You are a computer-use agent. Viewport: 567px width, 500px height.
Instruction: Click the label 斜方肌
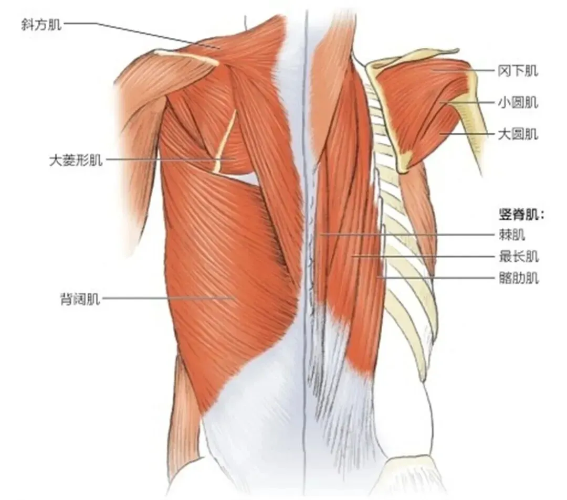[41, 24]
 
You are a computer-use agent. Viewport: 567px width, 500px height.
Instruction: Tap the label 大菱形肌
[76, 160]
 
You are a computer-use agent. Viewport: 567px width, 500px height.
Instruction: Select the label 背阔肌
[79, 300]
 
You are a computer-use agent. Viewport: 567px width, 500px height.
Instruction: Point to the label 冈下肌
[518, 71]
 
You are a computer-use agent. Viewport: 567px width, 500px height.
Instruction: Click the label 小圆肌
[518, 103]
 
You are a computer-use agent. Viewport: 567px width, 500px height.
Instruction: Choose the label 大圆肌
[518, 135]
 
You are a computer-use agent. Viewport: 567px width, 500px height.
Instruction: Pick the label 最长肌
[518, 257]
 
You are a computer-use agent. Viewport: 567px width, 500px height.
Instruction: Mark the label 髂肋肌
[518, 278]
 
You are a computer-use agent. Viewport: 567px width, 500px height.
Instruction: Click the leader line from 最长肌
[420, 257]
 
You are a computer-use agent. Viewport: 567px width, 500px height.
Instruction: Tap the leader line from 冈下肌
[462, 71]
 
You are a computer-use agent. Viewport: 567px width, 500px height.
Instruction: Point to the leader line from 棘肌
[409, 235]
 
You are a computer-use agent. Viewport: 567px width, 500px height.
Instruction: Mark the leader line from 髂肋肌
[436, 277]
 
